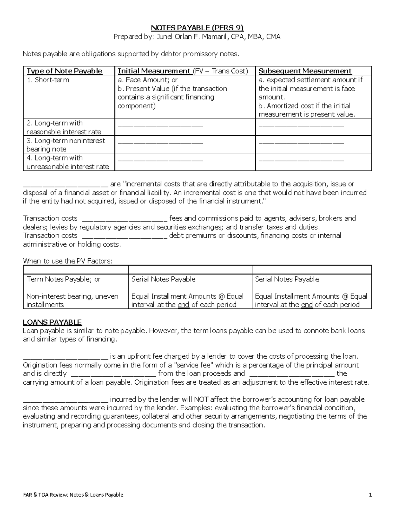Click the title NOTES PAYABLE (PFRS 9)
(x=197, y=28)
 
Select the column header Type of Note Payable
(x=64, y=71)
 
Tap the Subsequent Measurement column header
(x=305, y=71)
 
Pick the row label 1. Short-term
(x=48, y=80)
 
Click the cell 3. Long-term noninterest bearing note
(x=66, y=145)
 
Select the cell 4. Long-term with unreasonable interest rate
(x=67, y=162)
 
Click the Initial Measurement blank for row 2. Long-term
(x=160, y=125)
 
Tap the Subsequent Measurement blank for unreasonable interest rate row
(x=301, y=160)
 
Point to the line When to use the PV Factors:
(x=67, y=261)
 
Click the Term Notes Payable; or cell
(x=63, y=279)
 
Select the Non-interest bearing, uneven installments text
(x=72, y=300)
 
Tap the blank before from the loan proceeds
(x=113, y=374)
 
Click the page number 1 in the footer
(x=370, y=495)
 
